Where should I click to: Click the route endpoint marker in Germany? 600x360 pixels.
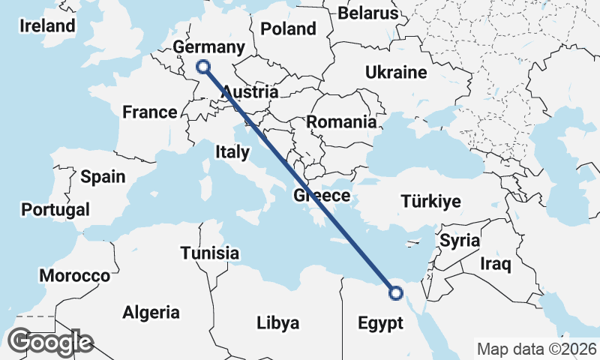[x=202, y=67]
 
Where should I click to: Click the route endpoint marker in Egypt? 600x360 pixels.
[x=396, y=293]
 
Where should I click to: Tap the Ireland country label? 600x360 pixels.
[x=48, y=25]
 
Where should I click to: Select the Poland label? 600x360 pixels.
[x=288, y=29]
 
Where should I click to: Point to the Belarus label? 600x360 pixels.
[x=368, y=13]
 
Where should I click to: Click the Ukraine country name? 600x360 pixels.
[x=396, y=73]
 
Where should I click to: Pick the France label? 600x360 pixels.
[x=150, y=112]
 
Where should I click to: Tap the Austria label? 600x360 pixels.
[x=250, y=92]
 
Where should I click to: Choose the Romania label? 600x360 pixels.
[x=341, y=121]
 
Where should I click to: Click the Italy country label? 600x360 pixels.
[x=232, y=152]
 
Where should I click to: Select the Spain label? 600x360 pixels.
[x=103, y=177]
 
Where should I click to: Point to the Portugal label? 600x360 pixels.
[x=55, y=210]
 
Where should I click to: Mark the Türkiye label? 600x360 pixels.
[x=431, y=202]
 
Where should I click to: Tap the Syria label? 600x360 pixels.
[x=460, y=241]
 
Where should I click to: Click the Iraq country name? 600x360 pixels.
[x=495, y=264]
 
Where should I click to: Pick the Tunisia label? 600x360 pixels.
[x=210, y=253]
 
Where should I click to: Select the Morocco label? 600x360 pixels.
[x=75, y=276]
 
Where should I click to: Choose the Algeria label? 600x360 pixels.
[x=151, y=312]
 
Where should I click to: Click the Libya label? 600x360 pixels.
[x=277, y=323]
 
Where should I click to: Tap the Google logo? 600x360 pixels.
[x=50, y=342]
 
